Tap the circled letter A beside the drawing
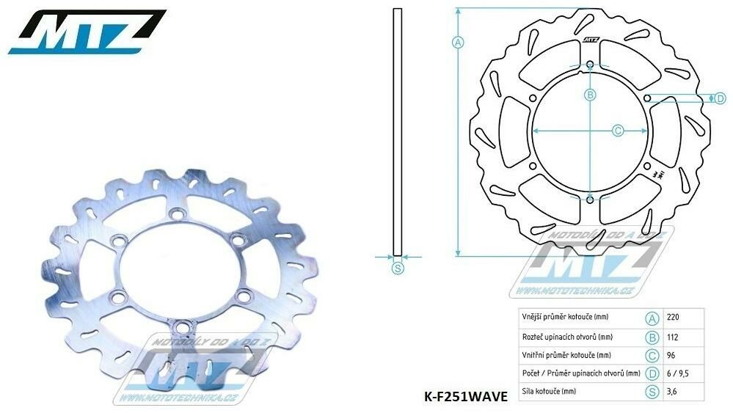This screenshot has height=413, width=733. [458, 42]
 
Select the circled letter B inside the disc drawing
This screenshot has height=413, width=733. [589, 94]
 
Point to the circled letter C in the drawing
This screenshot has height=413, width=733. [618, 130]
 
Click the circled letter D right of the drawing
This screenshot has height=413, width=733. [699, 98]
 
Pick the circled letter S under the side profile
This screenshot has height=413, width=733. [397, 268]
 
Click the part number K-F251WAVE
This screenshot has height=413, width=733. [465, 397]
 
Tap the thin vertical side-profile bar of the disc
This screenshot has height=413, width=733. [397, 132]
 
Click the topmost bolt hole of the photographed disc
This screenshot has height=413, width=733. [175, 213]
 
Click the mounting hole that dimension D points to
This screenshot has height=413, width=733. [646, 98]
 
